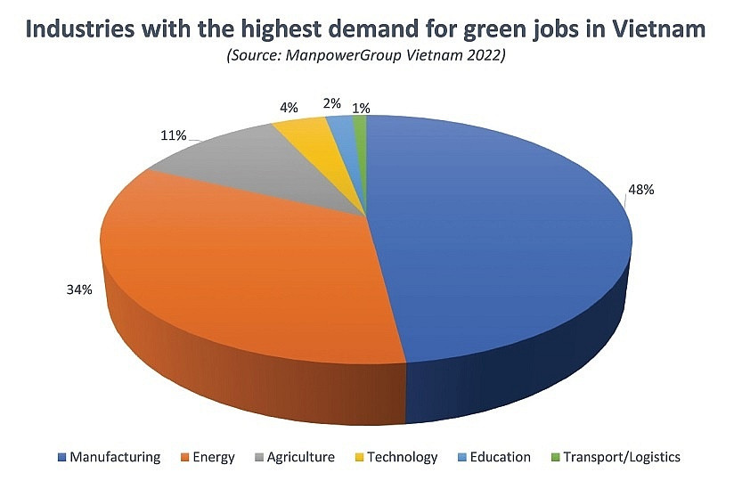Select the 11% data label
tap(174, 135)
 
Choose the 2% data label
tap(331, 103)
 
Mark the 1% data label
tap(361, 108)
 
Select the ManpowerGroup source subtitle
tap(368, 55)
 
